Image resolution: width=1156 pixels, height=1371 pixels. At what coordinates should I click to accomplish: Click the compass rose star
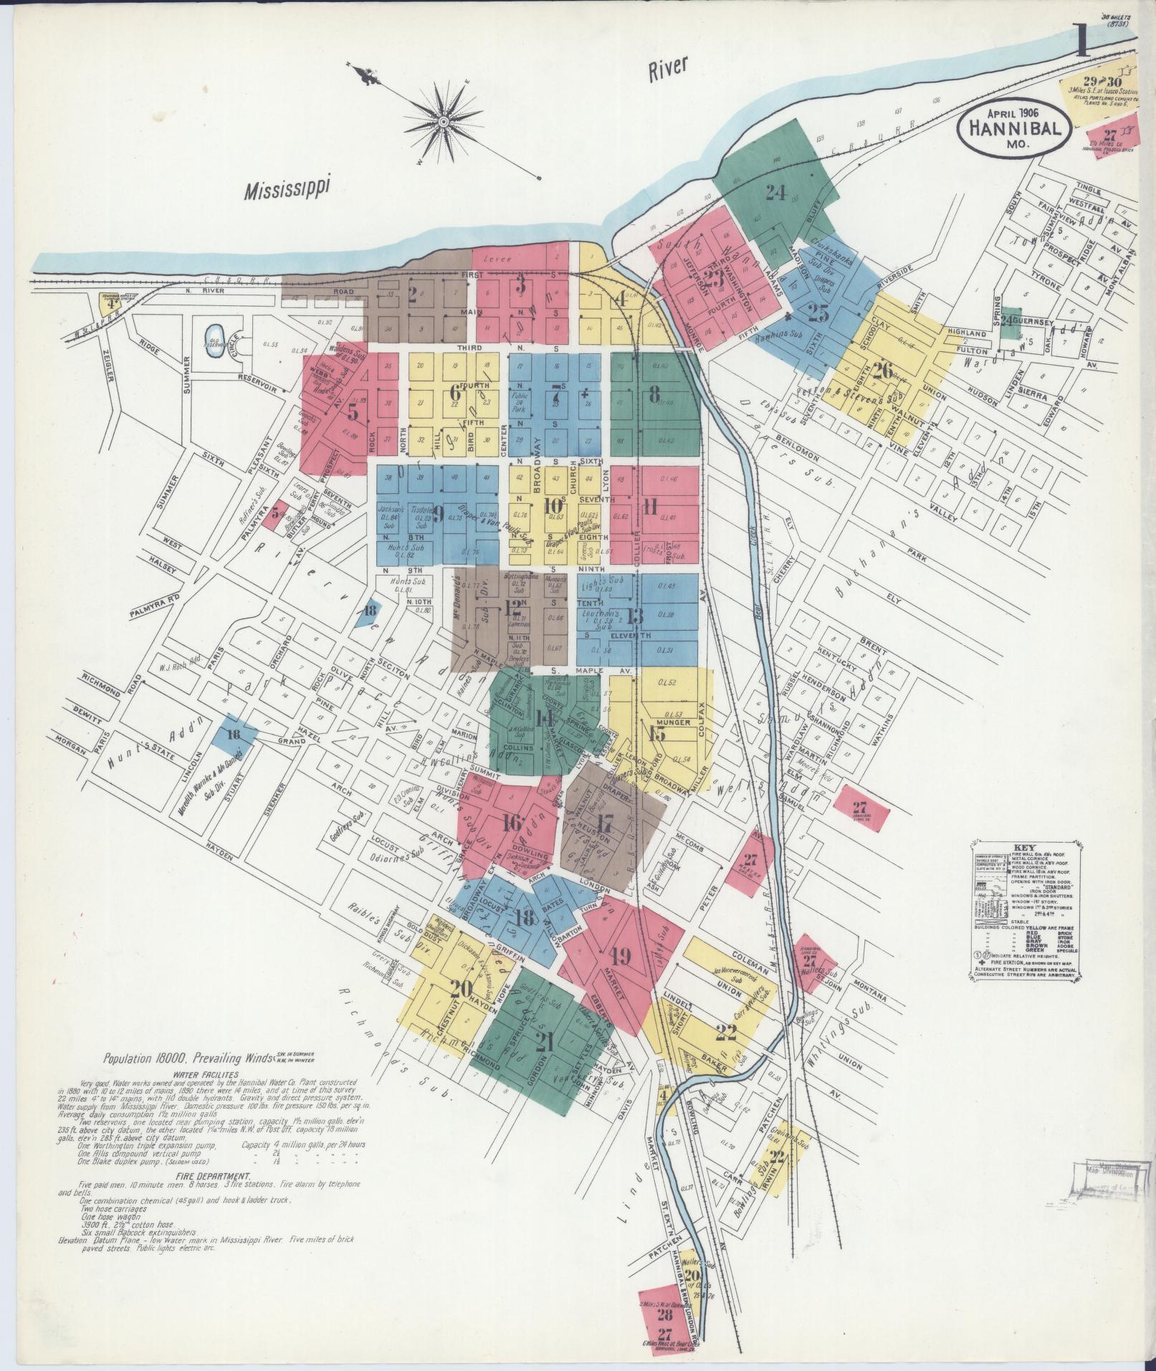point(443,123)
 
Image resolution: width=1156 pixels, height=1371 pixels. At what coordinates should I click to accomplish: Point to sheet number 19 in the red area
point(621,955)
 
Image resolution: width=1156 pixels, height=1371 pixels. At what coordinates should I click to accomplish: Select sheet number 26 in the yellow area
point(883,371)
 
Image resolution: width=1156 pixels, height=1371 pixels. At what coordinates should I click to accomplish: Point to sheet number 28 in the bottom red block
point(665,1316)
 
